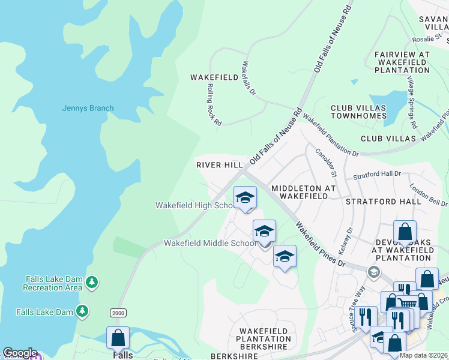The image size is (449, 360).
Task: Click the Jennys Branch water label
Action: pyautogui.click(x=88, y=109)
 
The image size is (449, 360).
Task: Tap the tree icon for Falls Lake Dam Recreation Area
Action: pyautogui.click(x=91, y=281)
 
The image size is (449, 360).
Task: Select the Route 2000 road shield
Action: pyautogui.click(x=118, y=313)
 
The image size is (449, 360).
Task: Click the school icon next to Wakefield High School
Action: pyautogui.click(x=245, y=197)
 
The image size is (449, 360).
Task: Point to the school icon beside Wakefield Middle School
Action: pyautogui.click(x=264, y=231)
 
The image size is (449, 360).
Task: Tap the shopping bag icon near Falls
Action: pyautogui.click(x=118, y=338)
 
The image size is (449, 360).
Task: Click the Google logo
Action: pyautogui.click(x=20, y=353)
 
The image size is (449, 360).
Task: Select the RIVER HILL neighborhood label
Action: pyautogui.click(x=219, y=164)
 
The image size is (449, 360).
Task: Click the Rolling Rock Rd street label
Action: pyautogui.click(x=214, y=104)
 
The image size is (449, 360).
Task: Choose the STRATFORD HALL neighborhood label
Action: pyautogui.click(x=383, y=202)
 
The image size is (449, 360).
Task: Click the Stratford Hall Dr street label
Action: pyautogui.click(x=376, y=175)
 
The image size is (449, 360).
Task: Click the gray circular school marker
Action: pyautogui.click(x=374, y=272)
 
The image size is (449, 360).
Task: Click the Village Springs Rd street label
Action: pyautogui.click(x=411, y=102)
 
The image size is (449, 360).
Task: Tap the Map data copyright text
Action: pyautogui.click(x=423, y=355)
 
